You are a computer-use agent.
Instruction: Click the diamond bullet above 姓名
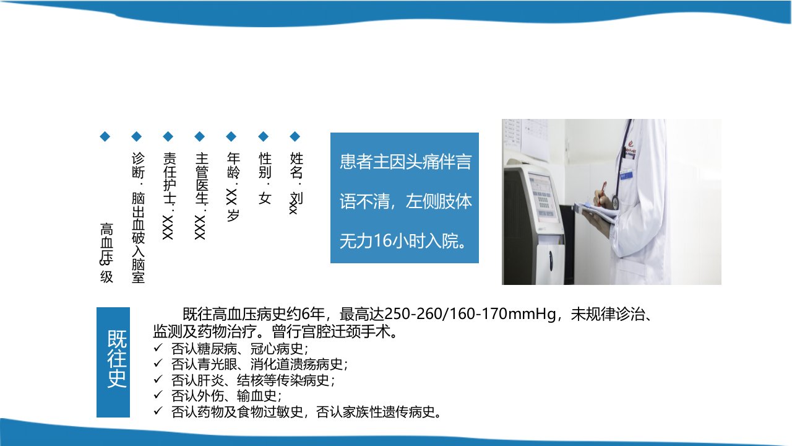295,136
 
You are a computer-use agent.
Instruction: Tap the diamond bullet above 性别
263,136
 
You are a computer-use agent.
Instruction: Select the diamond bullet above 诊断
137,136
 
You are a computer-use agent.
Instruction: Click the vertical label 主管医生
202,179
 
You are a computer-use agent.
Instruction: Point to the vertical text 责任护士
170,179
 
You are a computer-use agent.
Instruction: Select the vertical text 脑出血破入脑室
138,237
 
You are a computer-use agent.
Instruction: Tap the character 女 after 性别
265,198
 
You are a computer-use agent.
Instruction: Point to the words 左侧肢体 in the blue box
439,201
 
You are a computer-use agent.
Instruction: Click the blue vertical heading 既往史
117,359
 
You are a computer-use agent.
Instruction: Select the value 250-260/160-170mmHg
470,313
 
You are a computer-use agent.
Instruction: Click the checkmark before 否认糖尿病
158,348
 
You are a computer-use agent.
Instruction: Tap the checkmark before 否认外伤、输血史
158,395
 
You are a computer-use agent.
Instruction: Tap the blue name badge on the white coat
626,175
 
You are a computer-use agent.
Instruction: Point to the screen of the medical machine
545,198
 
